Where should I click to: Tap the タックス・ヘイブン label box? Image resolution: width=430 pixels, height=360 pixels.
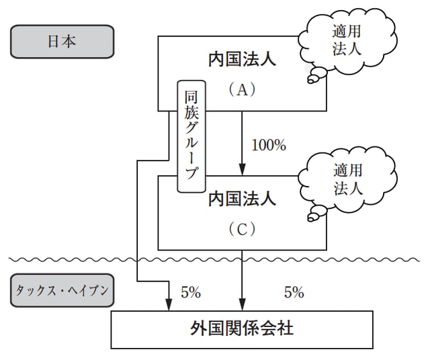61,292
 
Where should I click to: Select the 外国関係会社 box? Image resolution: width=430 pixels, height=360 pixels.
241,329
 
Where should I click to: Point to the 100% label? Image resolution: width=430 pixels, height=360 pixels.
269,144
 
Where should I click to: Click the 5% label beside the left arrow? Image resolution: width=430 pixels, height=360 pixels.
191,292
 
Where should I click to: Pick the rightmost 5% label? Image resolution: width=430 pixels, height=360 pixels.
294,292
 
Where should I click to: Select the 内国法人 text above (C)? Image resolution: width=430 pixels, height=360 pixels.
241,199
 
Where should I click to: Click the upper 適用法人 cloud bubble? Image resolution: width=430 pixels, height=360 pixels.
345,40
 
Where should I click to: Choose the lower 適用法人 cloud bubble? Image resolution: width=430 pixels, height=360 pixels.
346,179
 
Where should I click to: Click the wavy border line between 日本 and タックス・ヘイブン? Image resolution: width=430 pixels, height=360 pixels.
215,259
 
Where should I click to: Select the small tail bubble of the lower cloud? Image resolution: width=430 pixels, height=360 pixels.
312,216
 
